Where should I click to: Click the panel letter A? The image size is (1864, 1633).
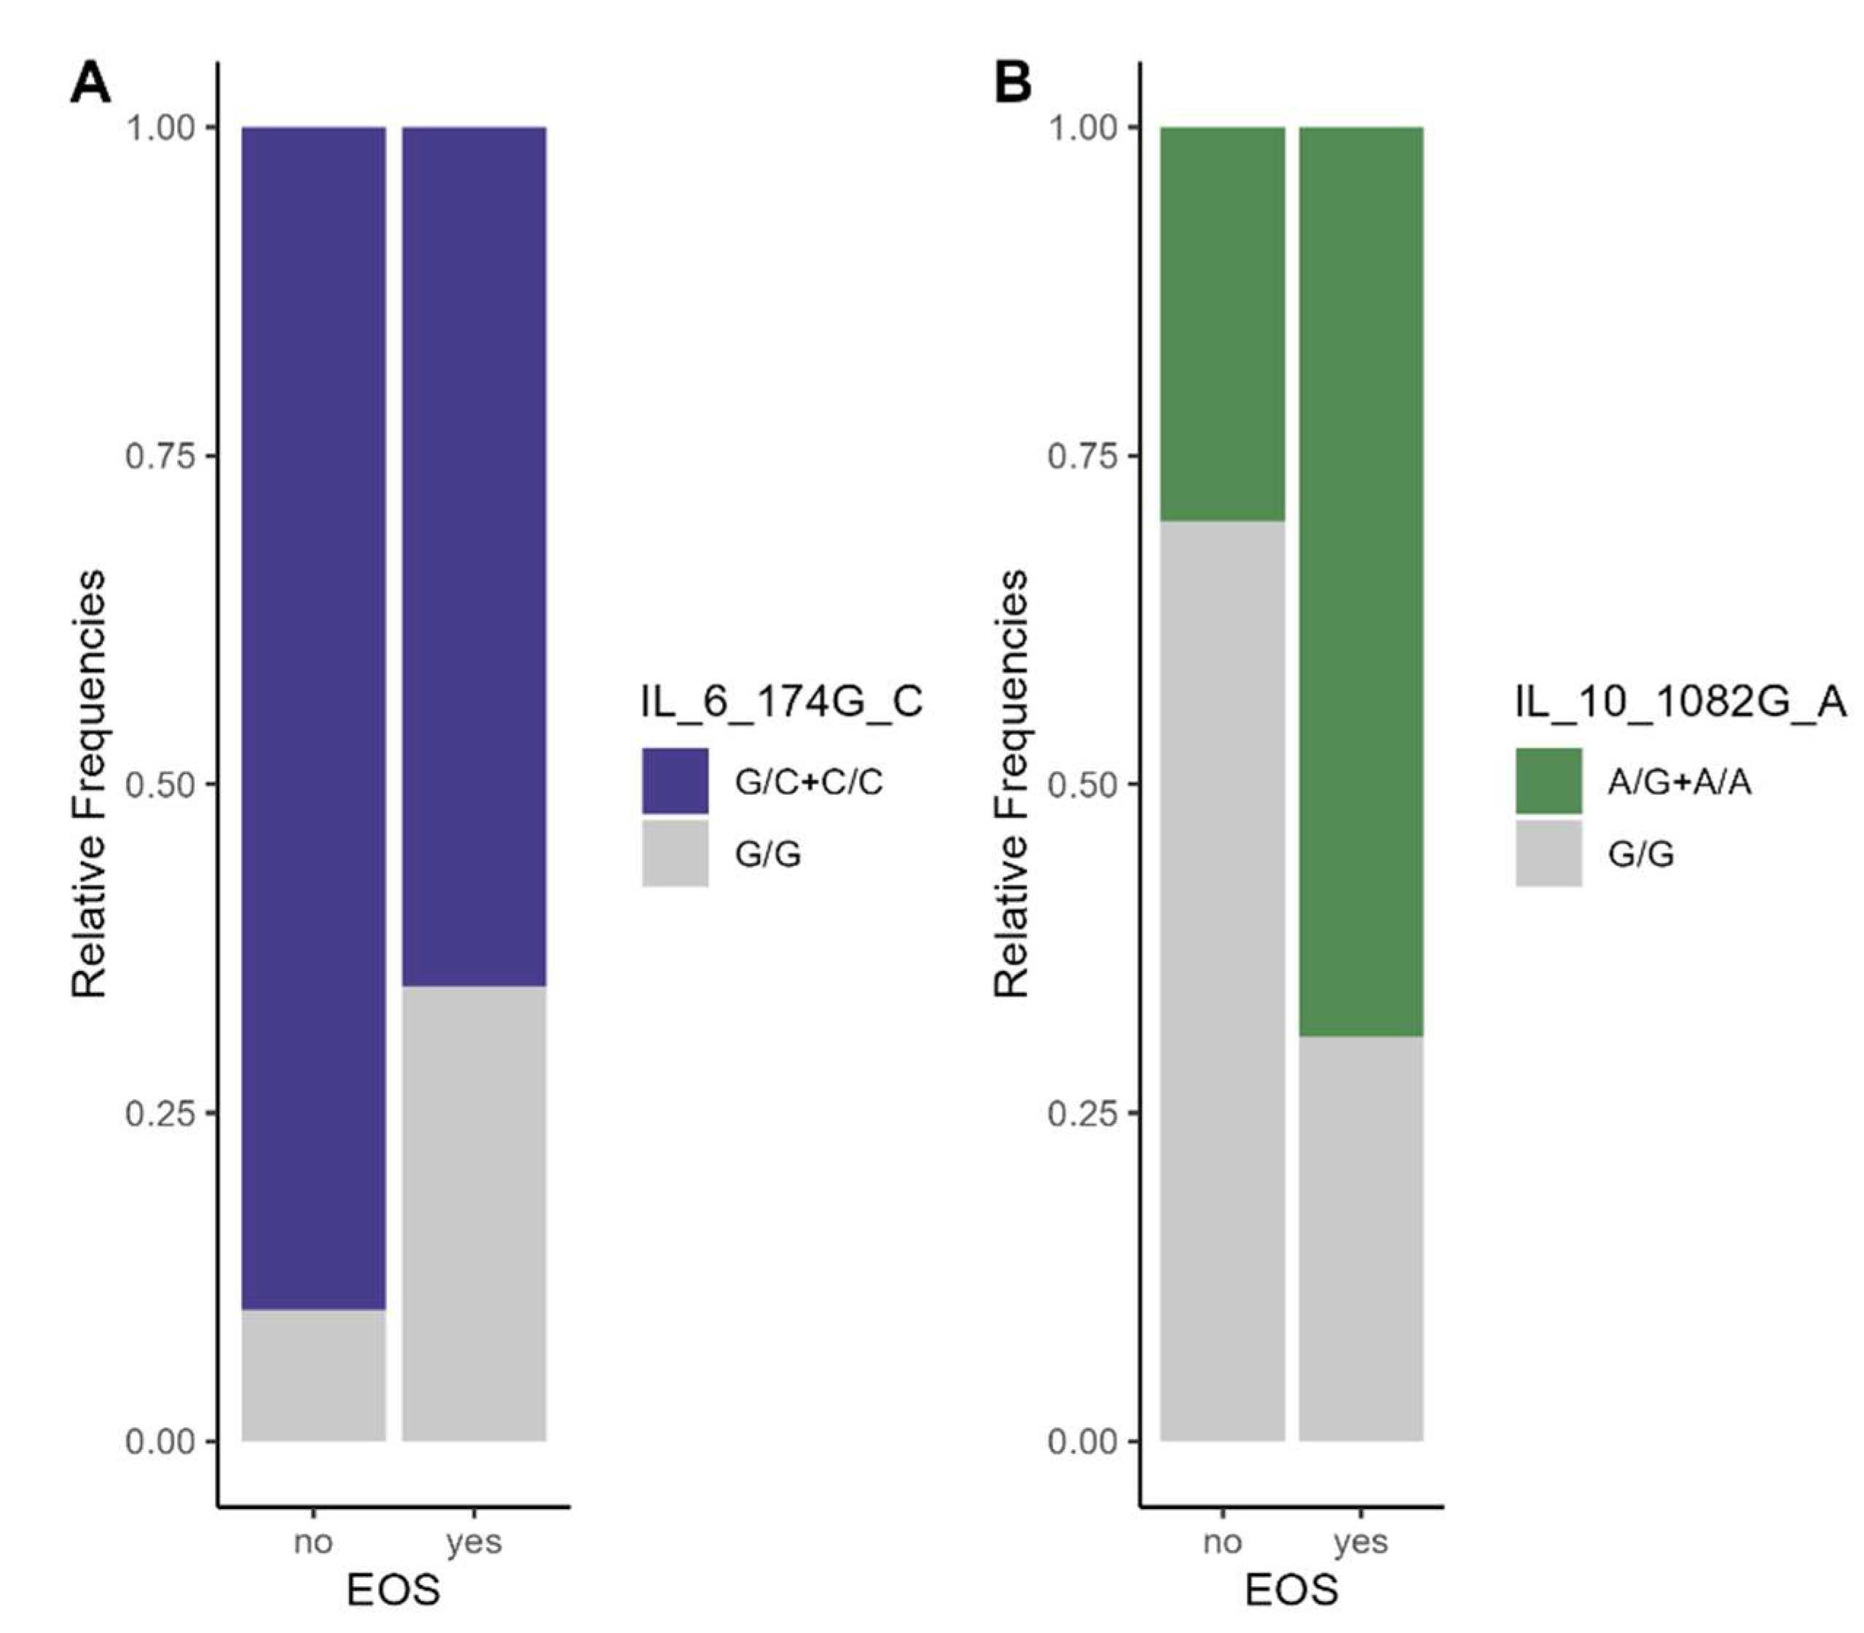tap(90, 84)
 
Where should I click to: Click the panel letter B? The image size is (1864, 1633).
tap(1013, 84)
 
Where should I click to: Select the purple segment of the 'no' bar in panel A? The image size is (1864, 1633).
tap(313, 711)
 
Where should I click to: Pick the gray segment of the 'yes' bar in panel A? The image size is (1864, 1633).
tap(474, 1212)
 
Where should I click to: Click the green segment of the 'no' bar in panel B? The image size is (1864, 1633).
tap(1222, 324)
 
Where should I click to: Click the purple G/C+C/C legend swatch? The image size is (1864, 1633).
tap(675, 781)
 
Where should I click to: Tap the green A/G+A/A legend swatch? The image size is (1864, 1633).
tap(1548, 781)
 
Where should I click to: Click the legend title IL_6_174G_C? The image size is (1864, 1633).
tap(780, 701)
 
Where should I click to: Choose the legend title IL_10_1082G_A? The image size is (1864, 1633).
tap(1680, 701)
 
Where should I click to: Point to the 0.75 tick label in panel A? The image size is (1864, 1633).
tap(160, 456)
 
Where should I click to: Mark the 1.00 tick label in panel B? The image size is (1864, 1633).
tap(1082, 128)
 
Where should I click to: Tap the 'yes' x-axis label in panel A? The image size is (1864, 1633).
tap(474, 1542)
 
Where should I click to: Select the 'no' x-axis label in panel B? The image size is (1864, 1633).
tap(1222, 1542)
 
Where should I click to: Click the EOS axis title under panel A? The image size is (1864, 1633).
tap(393, 1590)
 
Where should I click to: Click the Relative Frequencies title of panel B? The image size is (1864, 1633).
tap(1011, 784)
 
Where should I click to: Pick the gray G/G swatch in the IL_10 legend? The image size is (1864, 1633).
tap(1548, 854)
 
